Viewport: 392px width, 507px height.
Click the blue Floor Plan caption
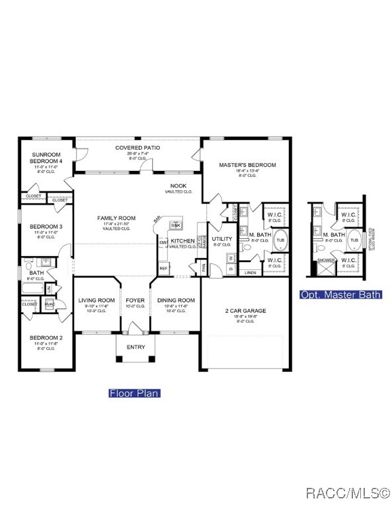[134, 393]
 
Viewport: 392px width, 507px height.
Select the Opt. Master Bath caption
[340, 294]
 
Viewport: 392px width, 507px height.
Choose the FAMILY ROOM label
[116, 218]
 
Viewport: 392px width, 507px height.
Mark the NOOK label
[178, 186]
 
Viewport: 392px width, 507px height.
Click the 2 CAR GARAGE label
[245, 310]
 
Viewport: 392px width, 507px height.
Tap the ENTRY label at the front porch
[136, 347]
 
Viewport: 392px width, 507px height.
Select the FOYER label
[136, 300]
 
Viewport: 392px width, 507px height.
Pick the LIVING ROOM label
[97, 300]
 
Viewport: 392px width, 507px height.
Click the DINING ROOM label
[176, 300]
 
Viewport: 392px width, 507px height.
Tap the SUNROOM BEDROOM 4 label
[46, 158]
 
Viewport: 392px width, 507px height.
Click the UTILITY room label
[222, 239]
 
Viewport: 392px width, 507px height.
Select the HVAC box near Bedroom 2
[49, 304]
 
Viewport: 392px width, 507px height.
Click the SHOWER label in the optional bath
[326, 260]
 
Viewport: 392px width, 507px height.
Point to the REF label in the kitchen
[163, 269]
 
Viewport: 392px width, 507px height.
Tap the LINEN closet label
[250, 272]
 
